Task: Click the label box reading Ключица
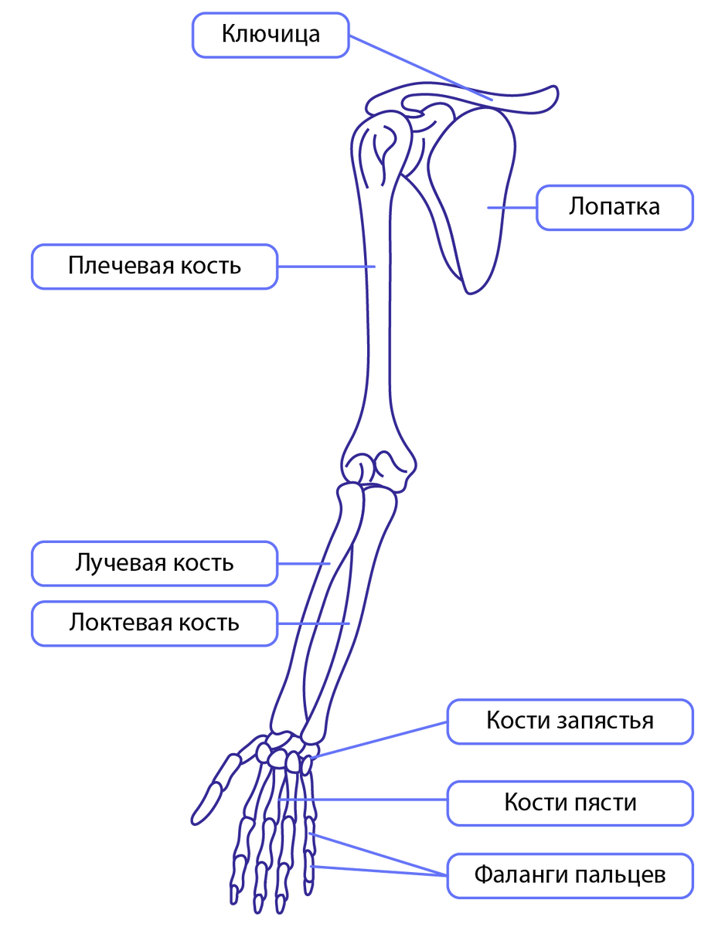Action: point(271,35)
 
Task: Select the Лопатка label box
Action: point(614,207)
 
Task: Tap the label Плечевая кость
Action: point(154,267)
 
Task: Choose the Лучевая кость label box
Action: point(154,562)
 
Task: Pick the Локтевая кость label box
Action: point(154,623)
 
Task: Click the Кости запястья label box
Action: point(570,722)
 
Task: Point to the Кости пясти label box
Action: point(570,802)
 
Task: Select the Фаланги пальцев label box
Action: point(570,875)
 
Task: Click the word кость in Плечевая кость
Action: point(211,267)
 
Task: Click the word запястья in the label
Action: point(605,722)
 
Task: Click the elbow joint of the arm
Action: point(378,468)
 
